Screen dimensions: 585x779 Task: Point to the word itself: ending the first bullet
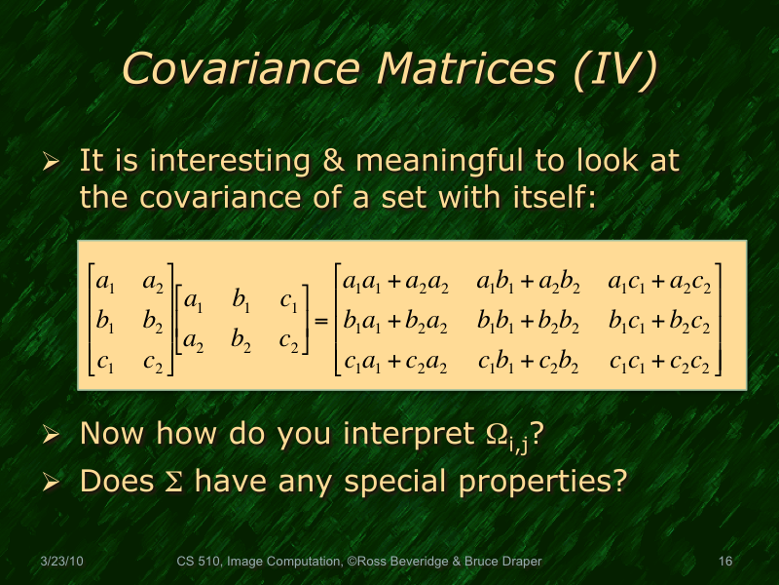548,198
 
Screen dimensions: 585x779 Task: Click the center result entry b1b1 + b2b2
529,324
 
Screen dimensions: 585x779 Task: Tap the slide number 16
724,562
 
